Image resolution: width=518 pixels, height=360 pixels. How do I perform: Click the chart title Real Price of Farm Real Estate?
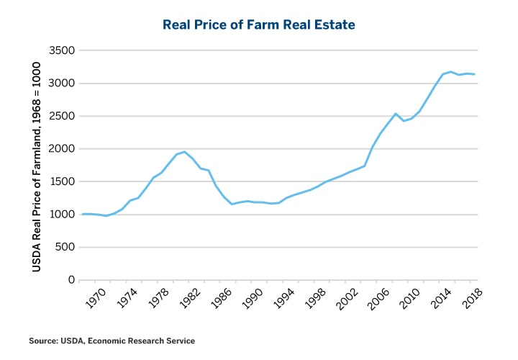click(259, 24)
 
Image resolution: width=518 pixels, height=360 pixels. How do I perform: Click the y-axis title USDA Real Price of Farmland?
click(35, 165)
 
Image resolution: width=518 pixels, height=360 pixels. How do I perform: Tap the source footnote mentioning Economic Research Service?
click(112, 340)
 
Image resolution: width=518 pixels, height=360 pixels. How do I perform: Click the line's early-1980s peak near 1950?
click(185, 152)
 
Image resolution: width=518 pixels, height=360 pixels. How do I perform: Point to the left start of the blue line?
click(82, 214)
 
